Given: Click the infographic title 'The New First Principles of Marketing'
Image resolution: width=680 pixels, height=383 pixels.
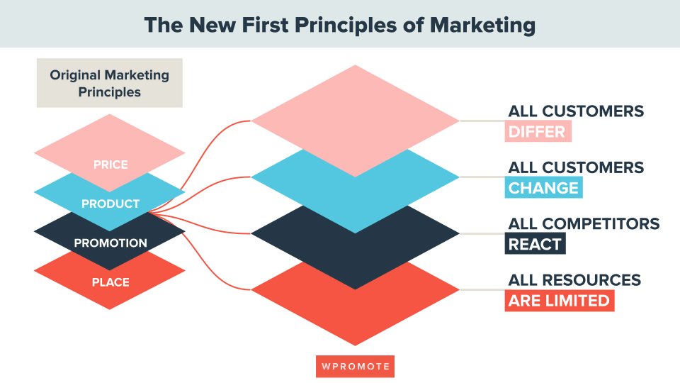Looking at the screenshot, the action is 339,25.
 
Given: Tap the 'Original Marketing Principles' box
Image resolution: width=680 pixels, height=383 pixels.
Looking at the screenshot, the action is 110,83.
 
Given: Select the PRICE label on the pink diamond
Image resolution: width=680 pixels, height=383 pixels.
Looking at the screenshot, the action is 110,165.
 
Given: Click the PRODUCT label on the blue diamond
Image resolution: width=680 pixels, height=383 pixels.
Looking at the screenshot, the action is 110,204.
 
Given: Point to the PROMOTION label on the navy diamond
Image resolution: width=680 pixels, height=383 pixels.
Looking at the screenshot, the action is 110,243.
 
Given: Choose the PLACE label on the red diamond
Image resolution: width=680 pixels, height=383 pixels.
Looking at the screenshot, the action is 110,282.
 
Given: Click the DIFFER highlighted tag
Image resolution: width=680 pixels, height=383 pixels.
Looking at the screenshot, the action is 538,132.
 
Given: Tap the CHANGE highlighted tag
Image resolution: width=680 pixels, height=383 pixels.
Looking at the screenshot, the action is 543,187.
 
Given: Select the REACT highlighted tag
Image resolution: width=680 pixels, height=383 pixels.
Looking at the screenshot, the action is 535,244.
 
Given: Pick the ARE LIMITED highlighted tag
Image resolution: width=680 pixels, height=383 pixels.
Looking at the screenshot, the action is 560,301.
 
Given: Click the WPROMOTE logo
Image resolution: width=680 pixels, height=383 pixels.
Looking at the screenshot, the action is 355,367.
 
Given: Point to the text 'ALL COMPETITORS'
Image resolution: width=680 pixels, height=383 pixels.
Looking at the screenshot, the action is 584,223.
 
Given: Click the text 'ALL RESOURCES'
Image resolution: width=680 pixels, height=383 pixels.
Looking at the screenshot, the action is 574,280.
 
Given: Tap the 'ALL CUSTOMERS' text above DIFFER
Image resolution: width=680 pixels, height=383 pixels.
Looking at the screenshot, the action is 576,111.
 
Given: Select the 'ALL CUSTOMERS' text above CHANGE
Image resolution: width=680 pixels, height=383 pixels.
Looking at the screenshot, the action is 576,167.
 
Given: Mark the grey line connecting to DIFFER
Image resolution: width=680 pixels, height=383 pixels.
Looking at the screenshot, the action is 482,121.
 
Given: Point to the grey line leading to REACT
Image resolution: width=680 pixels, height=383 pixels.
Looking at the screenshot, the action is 482,233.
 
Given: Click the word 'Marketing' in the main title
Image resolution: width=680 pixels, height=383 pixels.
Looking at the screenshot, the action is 482,25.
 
